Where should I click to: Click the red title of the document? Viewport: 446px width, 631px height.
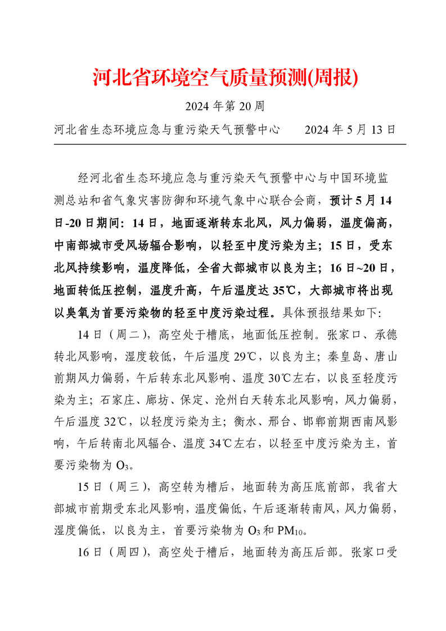tap(225, 78)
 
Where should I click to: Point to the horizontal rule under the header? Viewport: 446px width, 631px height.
tap(229, 144)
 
